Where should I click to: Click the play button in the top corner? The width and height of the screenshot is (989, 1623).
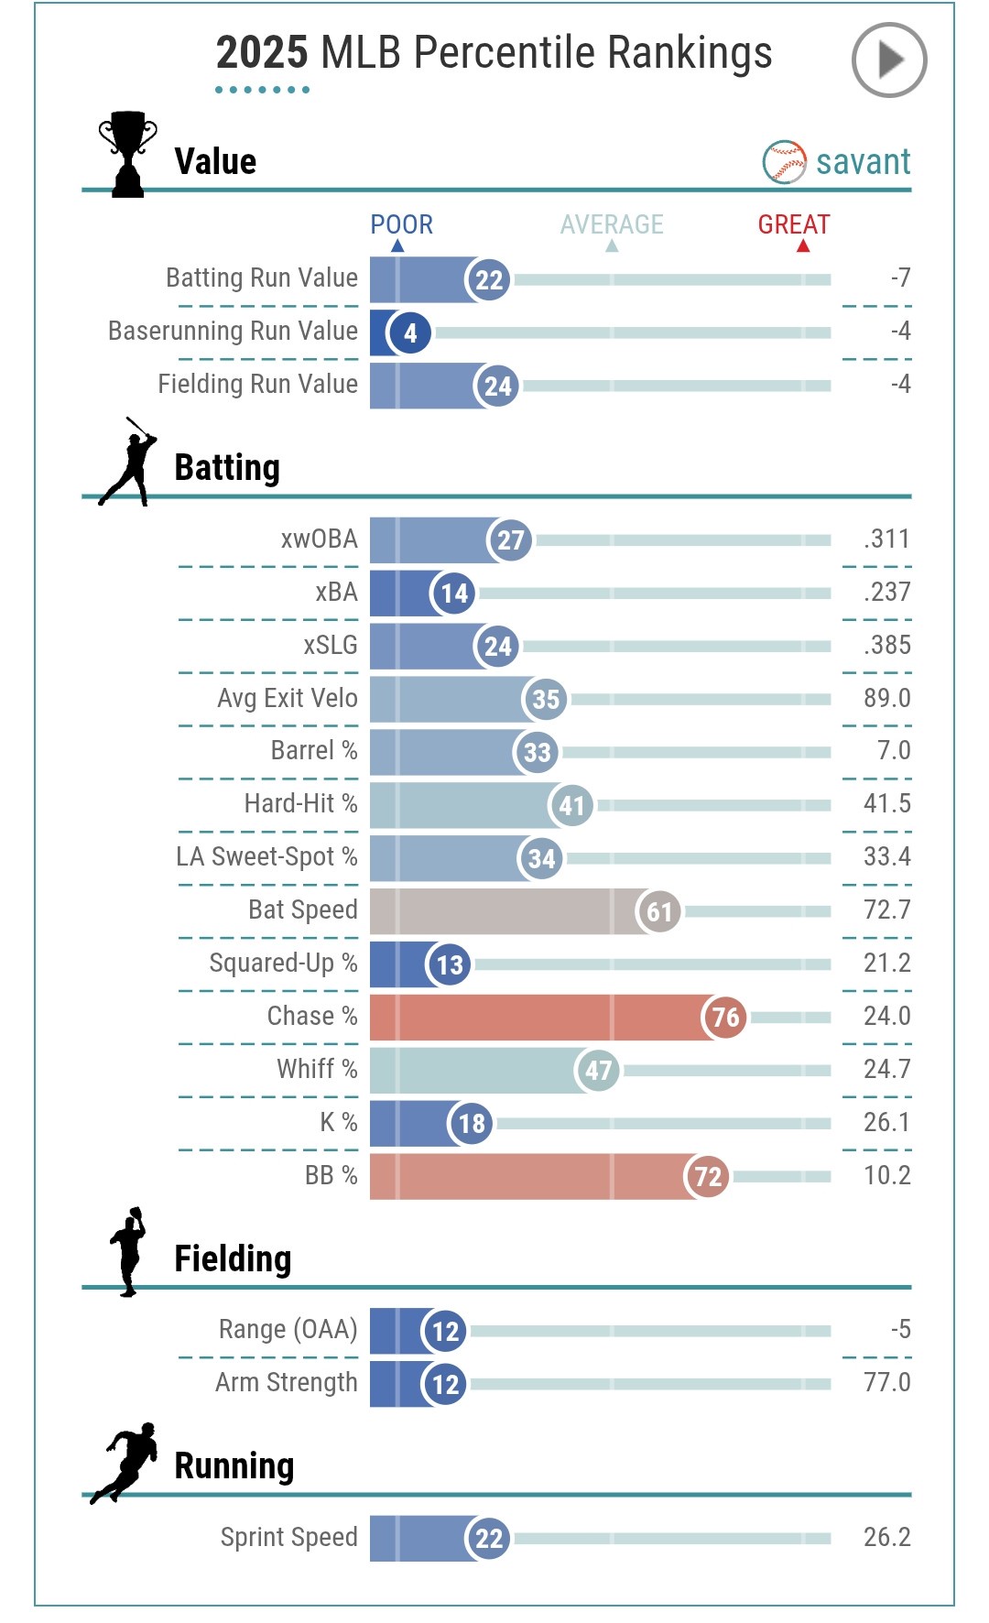pos(888,60)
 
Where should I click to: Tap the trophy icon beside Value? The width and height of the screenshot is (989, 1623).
pos(127,153)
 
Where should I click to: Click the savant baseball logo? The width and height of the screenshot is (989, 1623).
pos(784,162)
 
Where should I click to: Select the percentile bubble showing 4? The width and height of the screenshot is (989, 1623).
pos(409,332)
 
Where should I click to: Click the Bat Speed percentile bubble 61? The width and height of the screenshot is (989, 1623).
pos(658,911)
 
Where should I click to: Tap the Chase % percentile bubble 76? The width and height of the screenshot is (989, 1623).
pos(724,1018)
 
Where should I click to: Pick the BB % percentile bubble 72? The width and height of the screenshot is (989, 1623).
pos(707,1177)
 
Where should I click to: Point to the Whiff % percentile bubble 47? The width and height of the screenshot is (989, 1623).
pos(597,1071)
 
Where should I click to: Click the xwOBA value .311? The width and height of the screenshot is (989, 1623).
pos(886,539)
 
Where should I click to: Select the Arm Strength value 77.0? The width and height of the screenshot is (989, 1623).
pos(886,1382)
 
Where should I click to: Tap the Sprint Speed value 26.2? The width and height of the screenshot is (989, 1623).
pos(886,1537)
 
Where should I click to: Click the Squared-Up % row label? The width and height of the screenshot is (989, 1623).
pos(283,964)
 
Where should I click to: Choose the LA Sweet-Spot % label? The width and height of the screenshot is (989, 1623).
pos(266,857)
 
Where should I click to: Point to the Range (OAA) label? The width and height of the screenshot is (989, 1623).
pos(288,1329)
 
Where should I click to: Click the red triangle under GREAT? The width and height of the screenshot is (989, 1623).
pos(803,246)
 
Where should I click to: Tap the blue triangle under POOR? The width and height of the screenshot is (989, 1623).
pos(397,246)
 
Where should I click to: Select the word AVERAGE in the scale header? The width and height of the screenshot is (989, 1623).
pos(612,224)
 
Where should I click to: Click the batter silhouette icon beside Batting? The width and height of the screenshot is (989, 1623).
pos(129,462)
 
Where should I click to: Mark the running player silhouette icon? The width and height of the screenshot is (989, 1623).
pos(125,1463)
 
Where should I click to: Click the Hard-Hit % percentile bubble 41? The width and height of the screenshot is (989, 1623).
pos(571,805)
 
